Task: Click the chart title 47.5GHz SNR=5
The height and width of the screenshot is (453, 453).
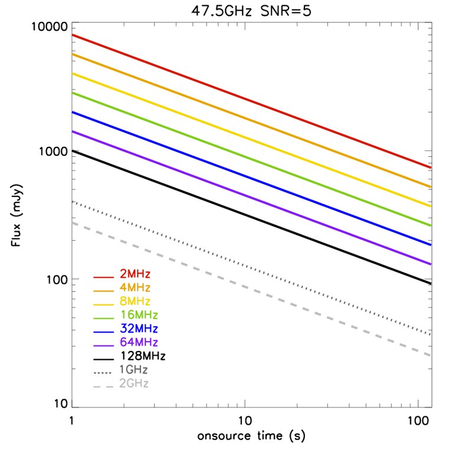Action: coord(251,12)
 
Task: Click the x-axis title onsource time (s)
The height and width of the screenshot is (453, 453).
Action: coord(251,436)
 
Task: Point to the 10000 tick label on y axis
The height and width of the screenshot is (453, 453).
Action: coord(49,28)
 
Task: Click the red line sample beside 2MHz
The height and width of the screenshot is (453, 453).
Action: coord(103,276)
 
